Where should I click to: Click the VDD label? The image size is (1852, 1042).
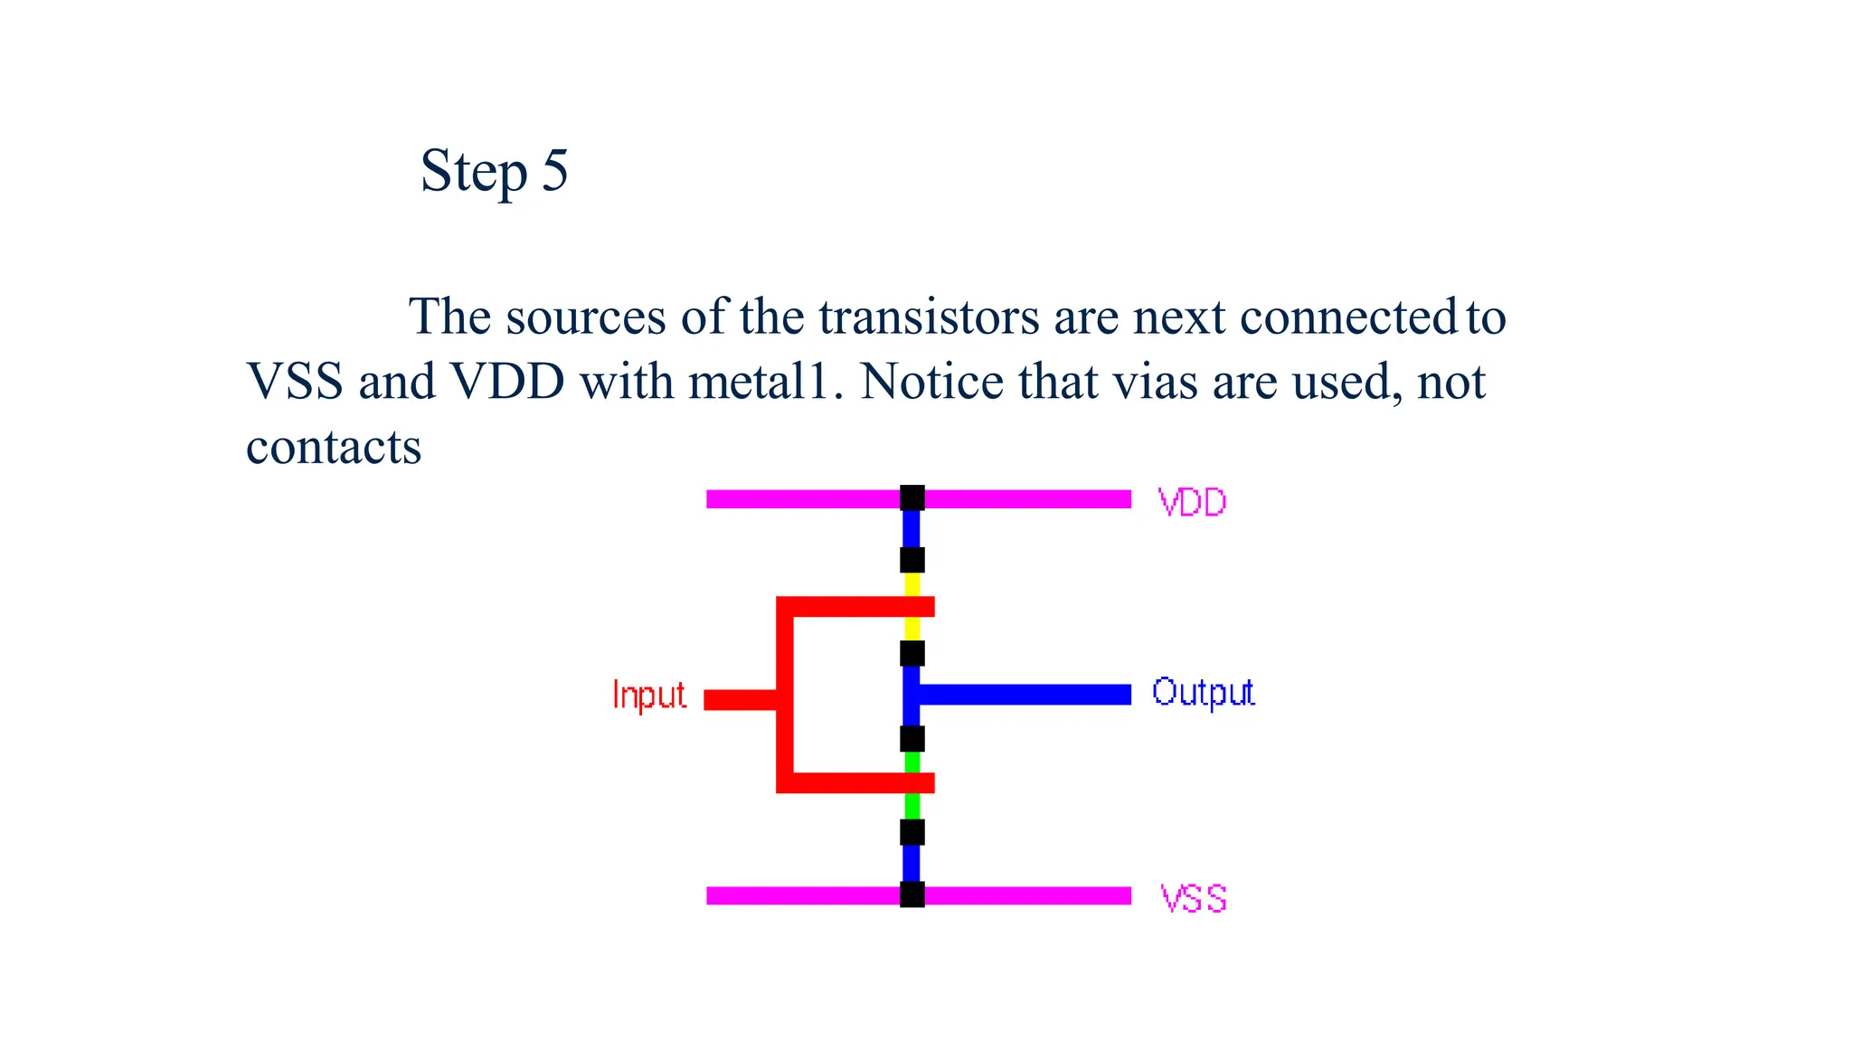coord(1192,502)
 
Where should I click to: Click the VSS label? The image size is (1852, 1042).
coord(1194,899)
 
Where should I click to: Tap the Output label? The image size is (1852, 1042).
coord(1203,693)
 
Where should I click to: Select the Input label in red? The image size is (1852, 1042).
coord(648,696)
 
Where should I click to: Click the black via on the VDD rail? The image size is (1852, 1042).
coord(912,498)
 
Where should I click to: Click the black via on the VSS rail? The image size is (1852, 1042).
coord(912,895)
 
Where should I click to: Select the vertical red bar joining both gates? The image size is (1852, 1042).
coord(785,695)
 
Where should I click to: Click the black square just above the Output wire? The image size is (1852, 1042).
coord(912,653)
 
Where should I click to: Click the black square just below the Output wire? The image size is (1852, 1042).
coord(912,739)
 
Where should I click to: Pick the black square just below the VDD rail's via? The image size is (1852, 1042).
coord(912,560)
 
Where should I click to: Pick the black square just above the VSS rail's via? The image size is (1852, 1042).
coord(912,832)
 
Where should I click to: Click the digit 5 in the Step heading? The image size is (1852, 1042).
coord(554,170)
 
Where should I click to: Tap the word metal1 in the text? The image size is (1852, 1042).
coord(758,383)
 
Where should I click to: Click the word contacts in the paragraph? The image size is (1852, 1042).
coord(334,448)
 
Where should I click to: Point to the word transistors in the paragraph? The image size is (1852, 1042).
coord(929,317)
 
